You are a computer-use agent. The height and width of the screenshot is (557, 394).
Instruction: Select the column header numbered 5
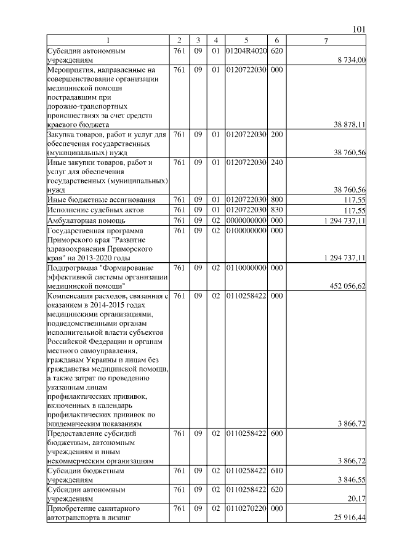point(246,41)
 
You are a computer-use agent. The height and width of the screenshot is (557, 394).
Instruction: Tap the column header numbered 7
point(326,41)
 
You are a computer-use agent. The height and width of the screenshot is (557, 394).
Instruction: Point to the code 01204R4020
point(246,50)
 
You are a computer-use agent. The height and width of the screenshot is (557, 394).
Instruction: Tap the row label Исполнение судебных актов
point(94,210)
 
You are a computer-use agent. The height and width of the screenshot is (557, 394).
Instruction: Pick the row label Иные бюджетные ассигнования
point(98,200)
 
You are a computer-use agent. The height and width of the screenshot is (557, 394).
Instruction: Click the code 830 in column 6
point(277,210)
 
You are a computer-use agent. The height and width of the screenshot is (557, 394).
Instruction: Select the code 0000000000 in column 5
point(246,220)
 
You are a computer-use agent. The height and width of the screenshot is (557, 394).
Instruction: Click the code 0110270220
point(246,509)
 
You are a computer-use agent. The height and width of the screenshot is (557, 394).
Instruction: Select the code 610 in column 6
point(277,470)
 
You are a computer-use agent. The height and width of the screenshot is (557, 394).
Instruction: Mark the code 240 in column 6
point(277,162)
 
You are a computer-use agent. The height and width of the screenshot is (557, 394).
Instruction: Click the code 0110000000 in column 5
point(246,268)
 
